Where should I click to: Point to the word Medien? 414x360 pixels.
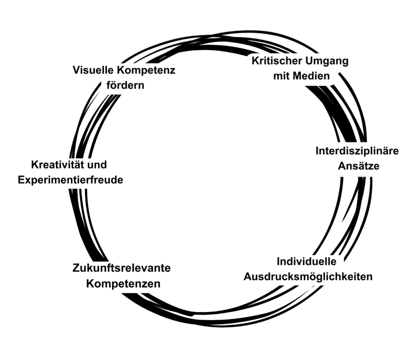tap(312, 76)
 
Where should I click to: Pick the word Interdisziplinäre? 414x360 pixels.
tap(357, 151)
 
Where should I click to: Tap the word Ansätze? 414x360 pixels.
tap(359, 166)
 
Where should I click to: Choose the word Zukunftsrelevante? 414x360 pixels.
tap(121, 268)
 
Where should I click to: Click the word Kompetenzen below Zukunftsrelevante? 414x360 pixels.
tap(123, 283)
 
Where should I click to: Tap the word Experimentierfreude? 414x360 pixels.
tap(70, 180)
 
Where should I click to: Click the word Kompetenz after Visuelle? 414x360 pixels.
tap(146, 70)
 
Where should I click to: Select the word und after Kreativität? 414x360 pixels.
tap(98, 165)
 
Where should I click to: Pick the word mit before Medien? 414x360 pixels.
tap(282, 76)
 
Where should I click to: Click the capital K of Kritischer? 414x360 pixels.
tap(255, 61)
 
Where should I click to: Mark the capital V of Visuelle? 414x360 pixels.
tap(76, 70)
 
